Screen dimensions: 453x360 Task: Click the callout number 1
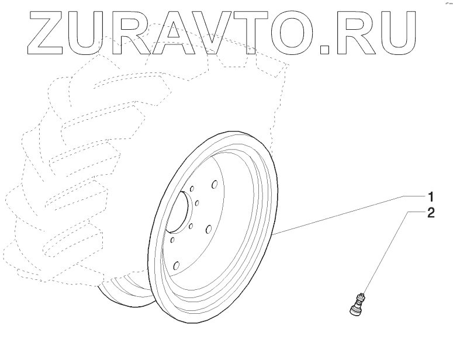pos(430,195)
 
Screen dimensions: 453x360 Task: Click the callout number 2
pos(430,213)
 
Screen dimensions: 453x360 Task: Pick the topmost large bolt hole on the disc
pos(215,185)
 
